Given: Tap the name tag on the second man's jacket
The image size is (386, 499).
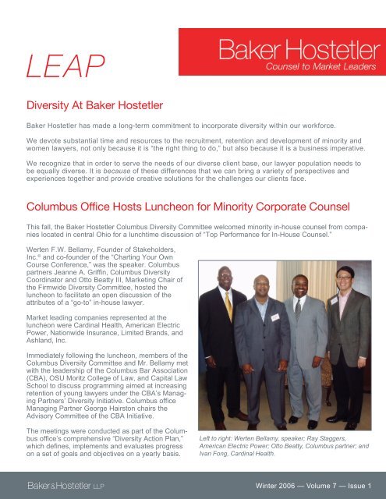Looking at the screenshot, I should tap(274, 317).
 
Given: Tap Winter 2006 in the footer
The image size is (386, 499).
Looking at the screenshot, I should tap(265, 484).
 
